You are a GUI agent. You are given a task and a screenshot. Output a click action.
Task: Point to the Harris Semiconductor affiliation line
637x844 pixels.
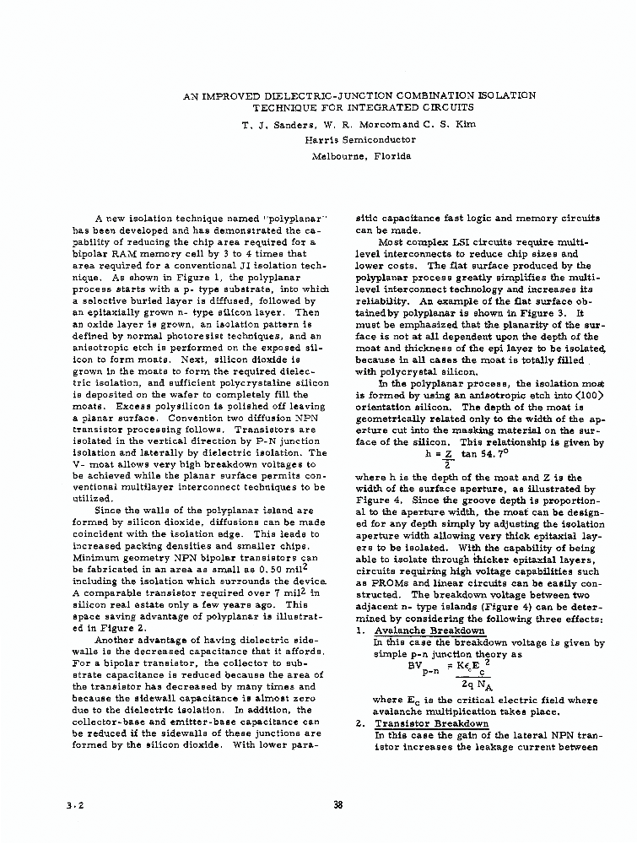(348, 140)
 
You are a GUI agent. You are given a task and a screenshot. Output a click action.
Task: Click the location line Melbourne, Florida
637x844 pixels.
(349, 156)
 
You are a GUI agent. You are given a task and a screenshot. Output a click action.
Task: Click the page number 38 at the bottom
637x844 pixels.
(337, 804)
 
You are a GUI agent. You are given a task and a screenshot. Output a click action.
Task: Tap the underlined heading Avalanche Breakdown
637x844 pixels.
(429, 630)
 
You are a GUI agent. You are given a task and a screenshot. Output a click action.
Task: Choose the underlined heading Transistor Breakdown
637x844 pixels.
(431, 723)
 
